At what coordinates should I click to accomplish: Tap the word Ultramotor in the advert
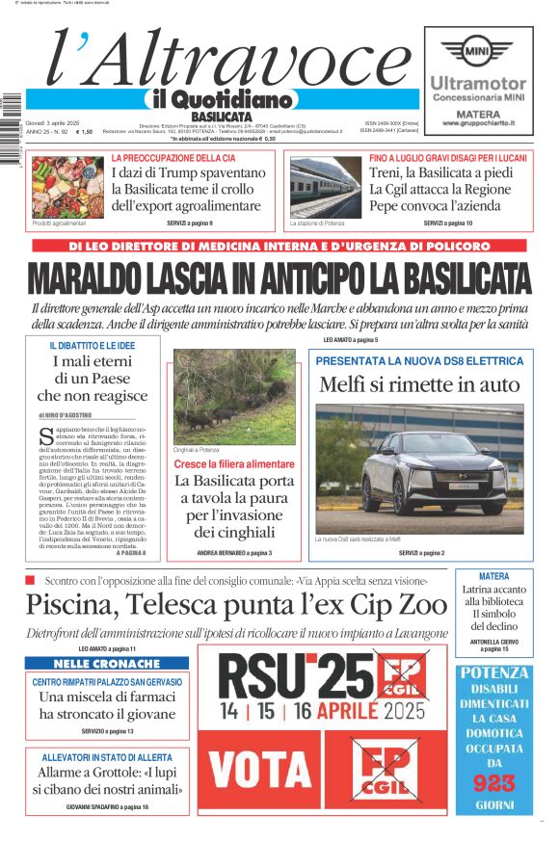click(x=478, y=84)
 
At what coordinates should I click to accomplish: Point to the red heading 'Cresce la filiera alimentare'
click(x=234, y=464)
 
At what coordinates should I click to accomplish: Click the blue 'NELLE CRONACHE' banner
click(x=107, y=664)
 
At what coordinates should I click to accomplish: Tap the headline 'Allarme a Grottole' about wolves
click(x=108, y=773)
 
